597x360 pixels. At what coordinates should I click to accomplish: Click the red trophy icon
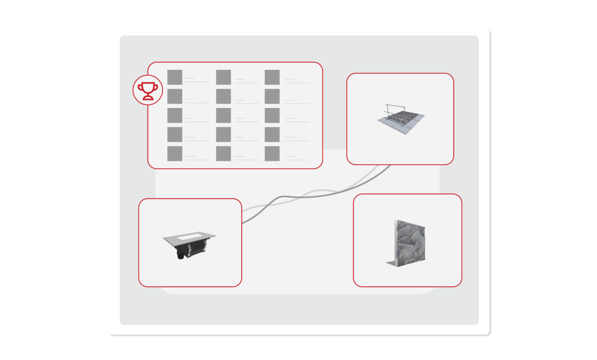coord(148,90)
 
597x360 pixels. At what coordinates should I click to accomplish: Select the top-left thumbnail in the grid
coord(175,77)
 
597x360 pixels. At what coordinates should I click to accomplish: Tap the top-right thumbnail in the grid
coord(272,77)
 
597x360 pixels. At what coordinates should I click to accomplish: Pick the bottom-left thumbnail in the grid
coord(175,153)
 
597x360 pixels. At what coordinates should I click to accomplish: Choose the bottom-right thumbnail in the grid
coord(272,153)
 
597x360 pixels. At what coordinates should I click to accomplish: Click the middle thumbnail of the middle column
coord(223,116)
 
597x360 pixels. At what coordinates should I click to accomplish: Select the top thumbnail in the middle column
coord(223,77)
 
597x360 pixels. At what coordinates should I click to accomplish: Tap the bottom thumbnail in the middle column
coord(223,153)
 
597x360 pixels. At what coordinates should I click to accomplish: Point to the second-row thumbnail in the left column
coord(175,96)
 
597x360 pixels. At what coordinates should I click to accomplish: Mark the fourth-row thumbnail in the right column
coord(272,134)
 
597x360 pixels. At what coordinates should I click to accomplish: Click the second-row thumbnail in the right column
coord(272,96)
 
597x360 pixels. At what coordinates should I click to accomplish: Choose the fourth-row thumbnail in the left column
coord(175,134)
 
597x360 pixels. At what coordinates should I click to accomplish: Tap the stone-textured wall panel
coord(408,243)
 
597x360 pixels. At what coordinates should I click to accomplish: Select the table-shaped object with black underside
coord(189,245)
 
